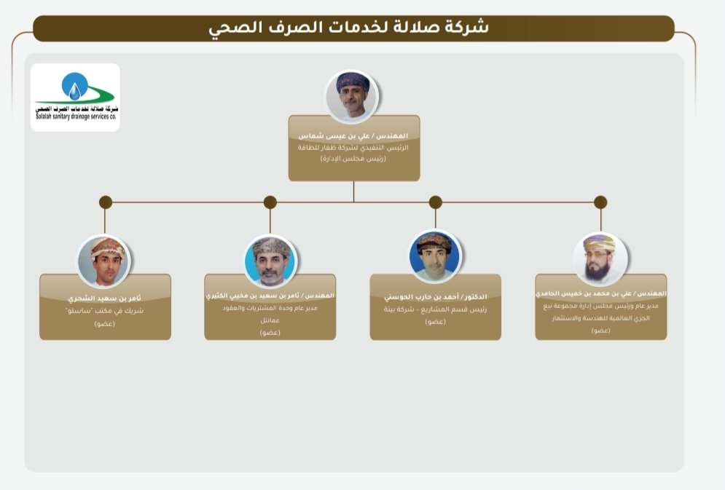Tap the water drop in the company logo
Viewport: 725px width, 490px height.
(74, 89)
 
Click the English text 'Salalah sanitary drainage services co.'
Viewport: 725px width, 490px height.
(75, 116)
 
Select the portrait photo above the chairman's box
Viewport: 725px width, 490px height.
(352, 95)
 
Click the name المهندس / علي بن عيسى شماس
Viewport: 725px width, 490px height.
(353, 136)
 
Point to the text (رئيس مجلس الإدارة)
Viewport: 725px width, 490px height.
(353, 157)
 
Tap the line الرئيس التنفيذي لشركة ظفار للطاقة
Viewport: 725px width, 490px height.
(353, 147)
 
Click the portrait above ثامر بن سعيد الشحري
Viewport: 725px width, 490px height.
(104, 261)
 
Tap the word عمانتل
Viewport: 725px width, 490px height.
(270, 320)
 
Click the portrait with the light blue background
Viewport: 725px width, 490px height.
(270, 261)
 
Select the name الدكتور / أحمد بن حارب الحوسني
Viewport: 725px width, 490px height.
(435, 297)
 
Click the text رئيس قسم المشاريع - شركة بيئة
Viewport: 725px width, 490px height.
(435, 309)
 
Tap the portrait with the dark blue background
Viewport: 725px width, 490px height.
(435, 256)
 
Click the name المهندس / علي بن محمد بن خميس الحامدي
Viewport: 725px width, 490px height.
(600, 293)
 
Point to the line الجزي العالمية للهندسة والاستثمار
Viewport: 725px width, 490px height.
(600, 318)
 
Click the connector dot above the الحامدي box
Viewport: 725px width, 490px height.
(600, 202)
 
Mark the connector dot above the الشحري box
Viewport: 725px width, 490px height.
(105, 202)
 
